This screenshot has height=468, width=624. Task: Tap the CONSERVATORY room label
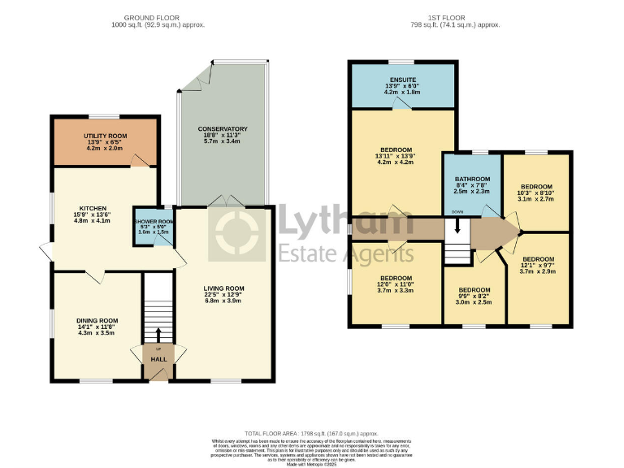click(x=223, y=129)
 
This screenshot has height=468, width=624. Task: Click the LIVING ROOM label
click(x=223, y=288)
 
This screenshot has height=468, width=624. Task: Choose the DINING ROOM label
click(x=97, y=320)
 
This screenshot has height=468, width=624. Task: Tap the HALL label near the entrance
click(x=158, y=358)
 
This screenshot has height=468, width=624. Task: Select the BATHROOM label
click(x=472, y=179)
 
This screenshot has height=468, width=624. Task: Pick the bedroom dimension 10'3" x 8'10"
click(x=536, y=192)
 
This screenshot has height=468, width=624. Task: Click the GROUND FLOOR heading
click(x=158, y=17)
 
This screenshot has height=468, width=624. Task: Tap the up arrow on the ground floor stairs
click(x=158, y=333)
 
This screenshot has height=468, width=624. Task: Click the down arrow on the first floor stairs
click(x=457, y=228)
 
